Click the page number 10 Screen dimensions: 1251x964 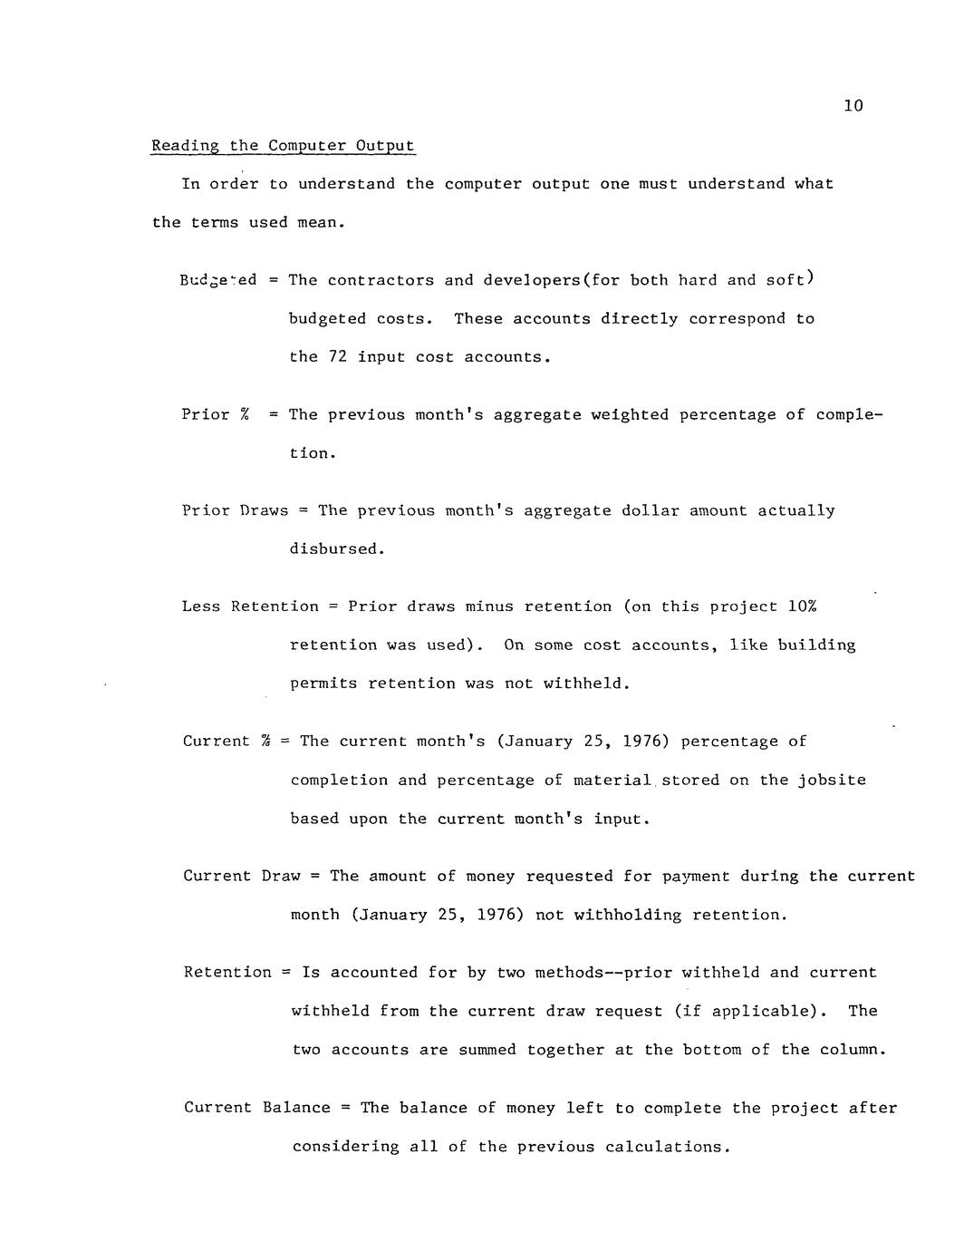(x=853, y=106)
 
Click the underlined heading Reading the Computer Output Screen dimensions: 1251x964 (x=283, y=146)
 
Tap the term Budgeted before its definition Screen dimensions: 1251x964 (x=218, y=280)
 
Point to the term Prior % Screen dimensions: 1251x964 (x=216, y=415)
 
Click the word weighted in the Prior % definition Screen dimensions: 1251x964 (x=630, y=415)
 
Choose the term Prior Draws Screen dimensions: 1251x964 (x=236, y=511)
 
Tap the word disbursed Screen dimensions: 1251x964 (x=337, y=550)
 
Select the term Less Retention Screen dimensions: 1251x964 (x=251, y=607)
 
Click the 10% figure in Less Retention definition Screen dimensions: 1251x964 (x=803, y=607)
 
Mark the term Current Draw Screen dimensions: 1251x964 (x=242, y=877)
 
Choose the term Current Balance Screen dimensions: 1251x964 (x=257, y=1108)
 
